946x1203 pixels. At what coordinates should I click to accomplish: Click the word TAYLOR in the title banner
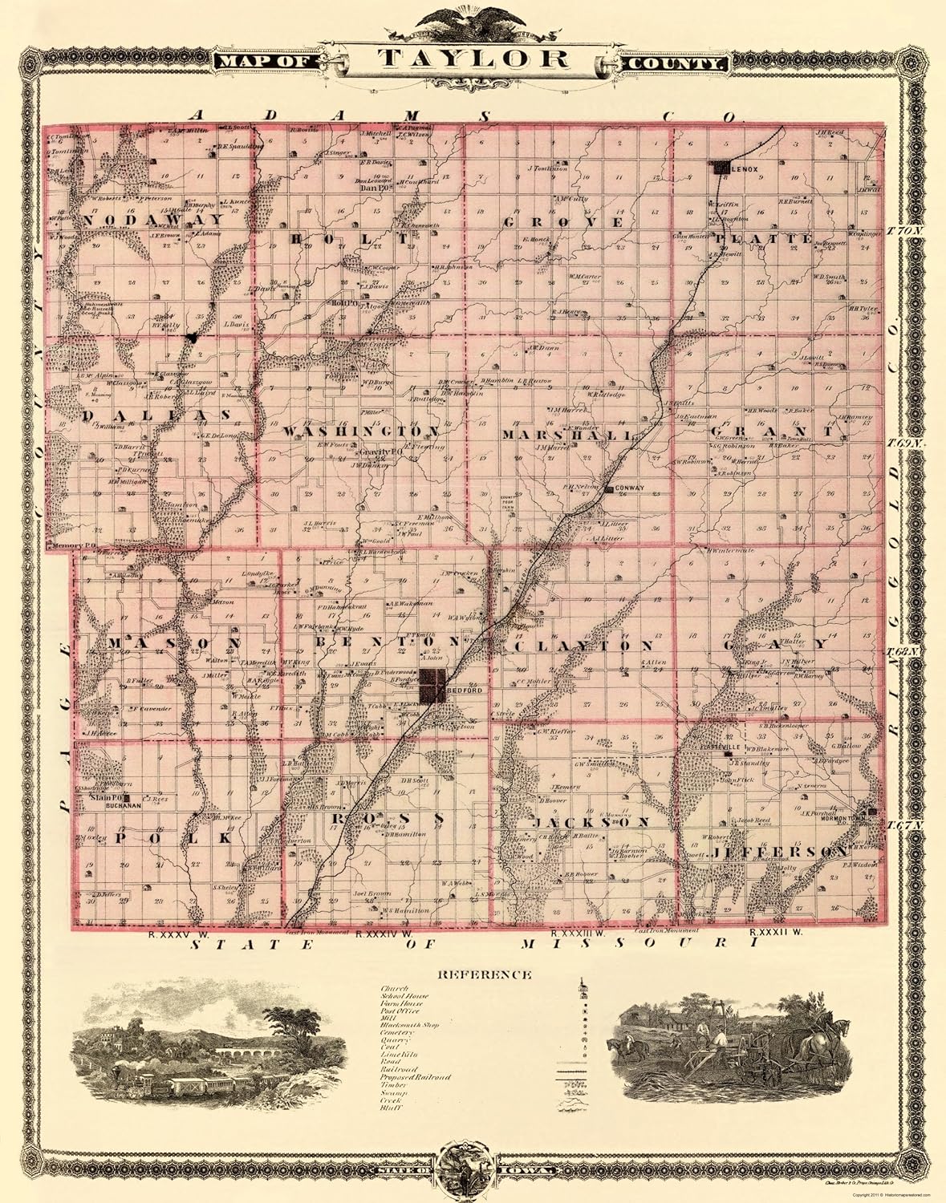pyautogui.click(x=473, y=59)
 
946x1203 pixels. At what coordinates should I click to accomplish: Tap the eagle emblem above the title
pyautogui.click(x=473, y=18)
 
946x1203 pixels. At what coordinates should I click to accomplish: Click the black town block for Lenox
pyautogui.click(x=719, y=168)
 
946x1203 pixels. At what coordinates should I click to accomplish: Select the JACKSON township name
pyautogui.click(x=591, y=823)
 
